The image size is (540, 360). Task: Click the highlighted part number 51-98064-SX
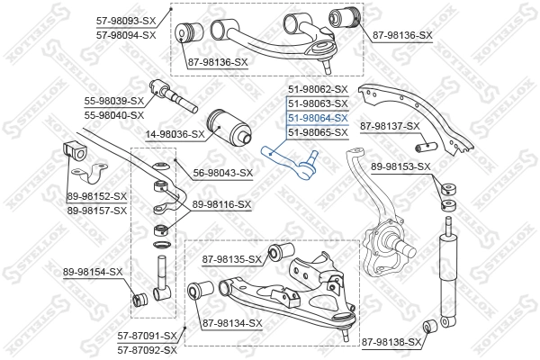click(x=317, y=117)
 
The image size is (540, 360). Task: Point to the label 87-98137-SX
click(x=390, y=126)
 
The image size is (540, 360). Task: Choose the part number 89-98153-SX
click(x=400, y=166)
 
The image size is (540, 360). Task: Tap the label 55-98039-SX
click(x=114, y=102)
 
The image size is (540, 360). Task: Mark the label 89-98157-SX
click(x=96, y=210)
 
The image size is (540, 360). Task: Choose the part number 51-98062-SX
click(x=317, y=89)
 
